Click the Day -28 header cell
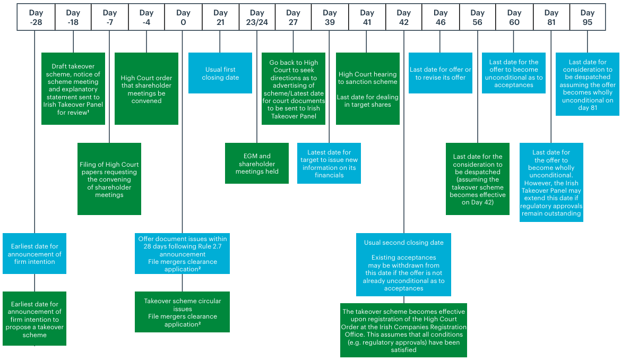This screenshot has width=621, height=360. click(36, 17)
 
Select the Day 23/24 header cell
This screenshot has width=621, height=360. click(257, 17)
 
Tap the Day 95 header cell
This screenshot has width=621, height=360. click(587, 17)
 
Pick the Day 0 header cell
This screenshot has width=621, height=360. click(183, 17)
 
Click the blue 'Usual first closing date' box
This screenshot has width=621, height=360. click(220, 73)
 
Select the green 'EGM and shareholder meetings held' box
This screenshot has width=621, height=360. click(257, 164)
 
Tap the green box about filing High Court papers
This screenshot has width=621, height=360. click(109, 179)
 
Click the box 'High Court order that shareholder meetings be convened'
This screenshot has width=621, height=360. click(146, 89)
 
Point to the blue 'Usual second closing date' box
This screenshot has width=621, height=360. click(403, 264)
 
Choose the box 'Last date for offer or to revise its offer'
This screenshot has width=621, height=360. click(441, 73)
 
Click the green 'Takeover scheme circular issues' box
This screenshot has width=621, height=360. click(182, 312)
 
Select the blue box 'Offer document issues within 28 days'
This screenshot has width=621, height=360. click(182, 253)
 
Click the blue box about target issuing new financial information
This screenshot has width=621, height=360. click(329, 164)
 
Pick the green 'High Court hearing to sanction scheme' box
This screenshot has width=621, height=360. click(367, 89)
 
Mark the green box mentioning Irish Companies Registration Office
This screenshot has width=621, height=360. click(403, 330)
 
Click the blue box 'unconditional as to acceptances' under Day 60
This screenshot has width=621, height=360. click(514, 73)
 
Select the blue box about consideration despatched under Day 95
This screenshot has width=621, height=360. click(587, 84)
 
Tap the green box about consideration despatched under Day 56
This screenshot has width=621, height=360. click(477, 179)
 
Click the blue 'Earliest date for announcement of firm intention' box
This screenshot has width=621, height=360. click(34, 253)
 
